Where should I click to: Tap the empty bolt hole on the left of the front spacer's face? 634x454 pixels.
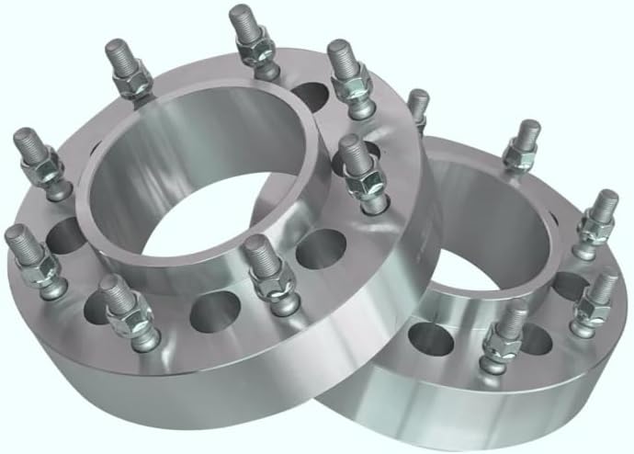click(66, 237)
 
